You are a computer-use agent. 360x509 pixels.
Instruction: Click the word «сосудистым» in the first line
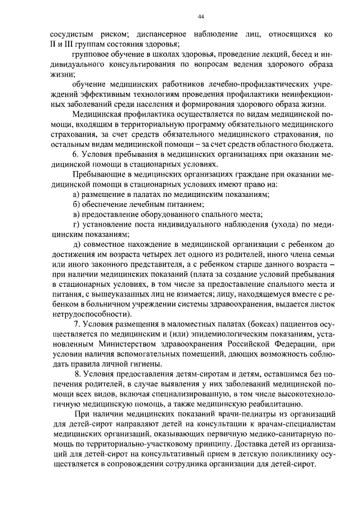pyautogui.click(x=65, y=34)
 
